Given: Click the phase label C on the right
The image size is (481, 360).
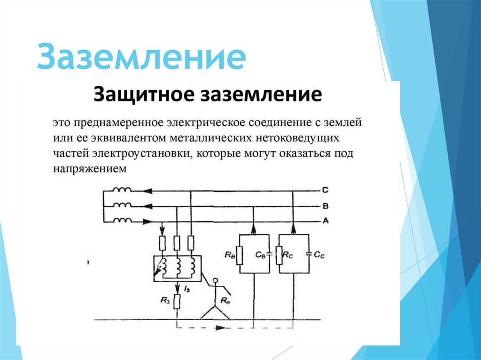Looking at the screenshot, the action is (325, 191).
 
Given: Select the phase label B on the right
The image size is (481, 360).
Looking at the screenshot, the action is (325, 206).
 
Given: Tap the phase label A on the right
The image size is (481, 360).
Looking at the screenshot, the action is (325, 221).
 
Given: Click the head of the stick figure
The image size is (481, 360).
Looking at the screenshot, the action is (216, 282).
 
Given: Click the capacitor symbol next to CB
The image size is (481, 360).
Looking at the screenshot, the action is (269, 255).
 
